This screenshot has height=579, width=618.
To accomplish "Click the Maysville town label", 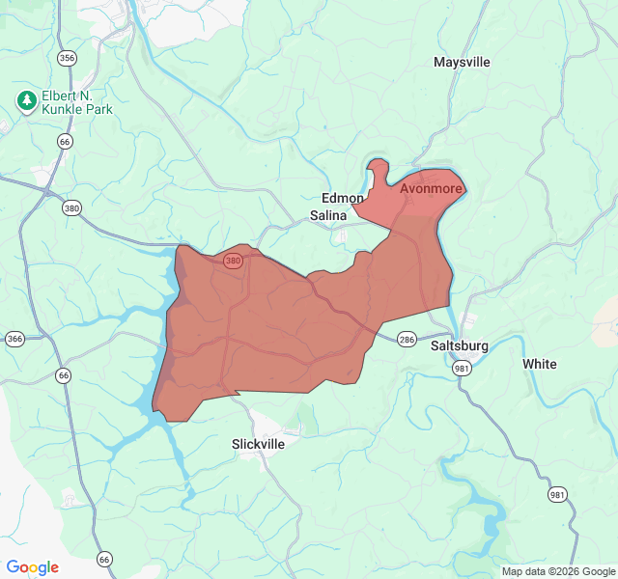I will [462, 63].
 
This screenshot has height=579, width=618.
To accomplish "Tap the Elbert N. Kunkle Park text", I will [76, 103].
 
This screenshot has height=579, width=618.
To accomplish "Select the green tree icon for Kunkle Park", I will [27, 99].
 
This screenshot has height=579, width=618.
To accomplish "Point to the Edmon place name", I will [343, 198].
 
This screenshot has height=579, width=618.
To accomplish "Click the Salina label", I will [327, 216].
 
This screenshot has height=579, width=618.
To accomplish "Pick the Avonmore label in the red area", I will [431, 188].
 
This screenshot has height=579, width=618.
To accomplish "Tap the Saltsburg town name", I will [459, 345].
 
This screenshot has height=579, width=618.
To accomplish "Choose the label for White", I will [539, 364].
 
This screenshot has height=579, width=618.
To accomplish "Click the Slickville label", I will [259, 444].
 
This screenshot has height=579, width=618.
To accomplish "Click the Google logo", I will [32, 567].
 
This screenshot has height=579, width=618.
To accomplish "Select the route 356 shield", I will [67, 58].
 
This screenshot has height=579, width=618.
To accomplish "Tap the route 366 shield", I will [14, 339].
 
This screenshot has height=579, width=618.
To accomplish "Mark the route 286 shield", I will [407, 339].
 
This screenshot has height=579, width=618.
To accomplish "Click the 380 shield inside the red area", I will [233, 261].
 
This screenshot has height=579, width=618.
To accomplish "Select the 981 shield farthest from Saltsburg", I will [557, 495].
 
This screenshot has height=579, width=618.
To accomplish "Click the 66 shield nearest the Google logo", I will [104, 559].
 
